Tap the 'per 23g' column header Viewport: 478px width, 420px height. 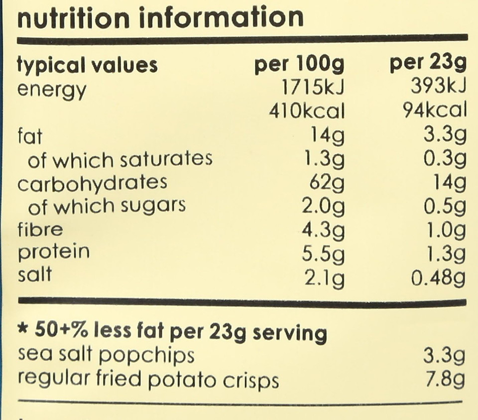pos(428,65)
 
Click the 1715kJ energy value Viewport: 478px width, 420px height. pos(313,89)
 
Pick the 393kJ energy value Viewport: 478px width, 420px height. pos(439,89)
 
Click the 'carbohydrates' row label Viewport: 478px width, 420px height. pos(92,183)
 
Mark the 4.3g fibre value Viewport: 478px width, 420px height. pos(323,230)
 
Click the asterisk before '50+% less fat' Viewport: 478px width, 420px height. pos(22,330)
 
